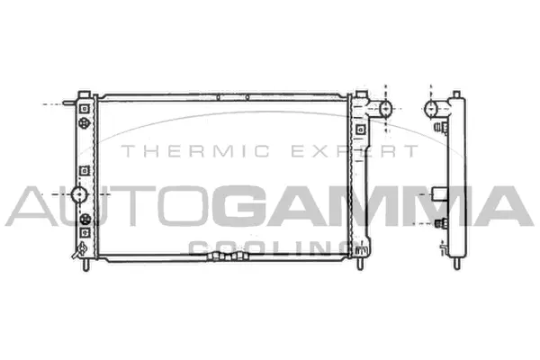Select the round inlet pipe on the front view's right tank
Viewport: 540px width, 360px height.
click(x=386, y=110)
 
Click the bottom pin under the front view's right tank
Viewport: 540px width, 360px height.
click(x=360, y=265)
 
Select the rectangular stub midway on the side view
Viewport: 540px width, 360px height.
click(x=438, y=192)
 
